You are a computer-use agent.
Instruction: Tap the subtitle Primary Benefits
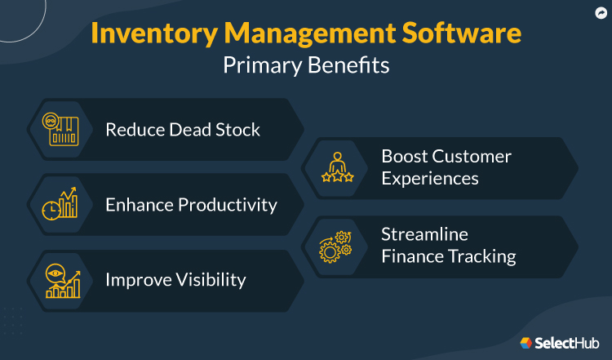306,66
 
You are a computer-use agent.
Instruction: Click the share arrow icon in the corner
600,12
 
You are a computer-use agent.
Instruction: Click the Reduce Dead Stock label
183,129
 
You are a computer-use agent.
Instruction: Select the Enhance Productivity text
191,204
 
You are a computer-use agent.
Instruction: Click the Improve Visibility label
175,279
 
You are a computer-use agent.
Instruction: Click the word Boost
406,156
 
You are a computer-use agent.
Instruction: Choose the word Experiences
430,178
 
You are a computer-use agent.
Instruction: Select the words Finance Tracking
449,256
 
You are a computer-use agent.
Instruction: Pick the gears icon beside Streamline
336,245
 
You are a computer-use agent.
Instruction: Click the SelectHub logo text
568,343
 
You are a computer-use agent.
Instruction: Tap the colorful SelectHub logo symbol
526,343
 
